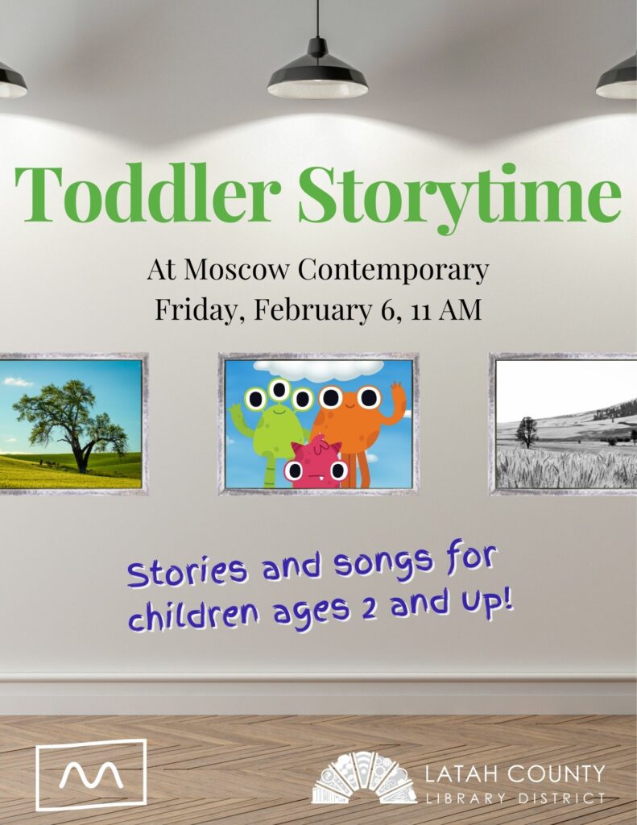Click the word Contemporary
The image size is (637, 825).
click(393, 270)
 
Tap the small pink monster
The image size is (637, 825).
click(316, 462)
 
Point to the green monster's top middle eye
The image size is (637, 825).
click(279, 389)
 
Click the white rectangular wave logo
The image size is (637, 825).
click(91, 774)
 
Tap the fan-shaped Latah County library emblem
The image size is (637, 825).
click(365, 777)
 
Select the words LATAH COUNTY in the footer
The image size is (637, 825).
click(515, 774)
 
